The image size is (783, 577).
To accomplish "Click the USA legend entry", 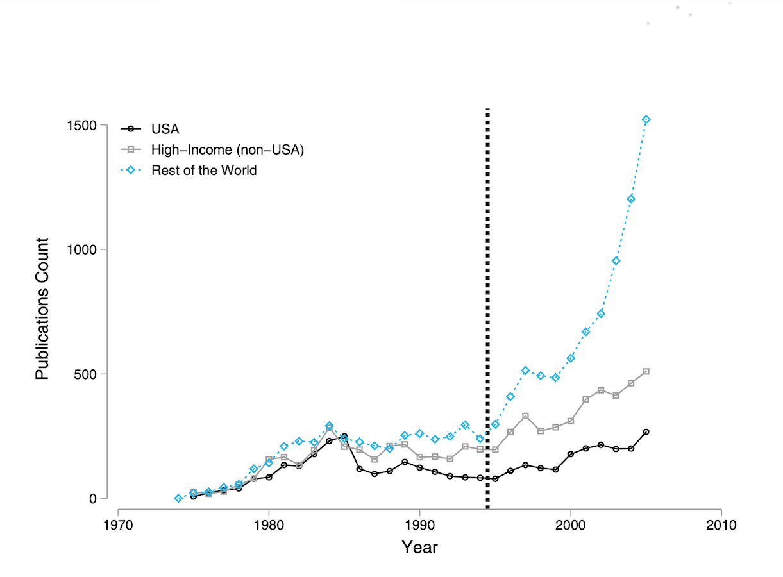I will tap(165, 130).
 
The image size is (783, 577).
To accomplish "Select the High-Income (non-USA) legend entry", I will tap(227, 150).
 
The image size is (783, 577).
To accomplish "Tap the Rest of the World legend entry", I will tap(204, 171).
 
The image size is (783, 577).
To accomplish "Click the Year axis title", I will tap(419, 547).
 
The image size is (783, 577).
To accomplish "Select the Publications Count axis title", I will tap(42, 308).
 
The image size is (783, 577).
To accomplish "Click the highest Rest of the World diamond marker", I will tap(646, 120).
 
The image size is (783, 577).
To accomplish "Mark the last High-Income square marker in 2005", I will tap(646, 371).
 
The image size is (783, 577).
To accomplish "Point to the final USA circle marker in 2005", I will tap(646, 432).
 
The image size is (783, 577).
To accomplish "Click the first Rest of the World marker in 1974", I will tap(178, 498).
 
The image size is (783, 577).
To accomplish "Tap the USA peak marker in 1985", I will tap(344, 436).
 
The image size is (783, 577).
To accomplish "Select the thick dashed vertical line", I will tap(487, 308).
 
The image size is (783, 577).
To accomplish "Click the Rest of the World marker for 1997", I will tap(525, 371).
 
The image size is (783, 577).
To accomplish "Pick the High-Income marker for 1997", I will tap(525, 416).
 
